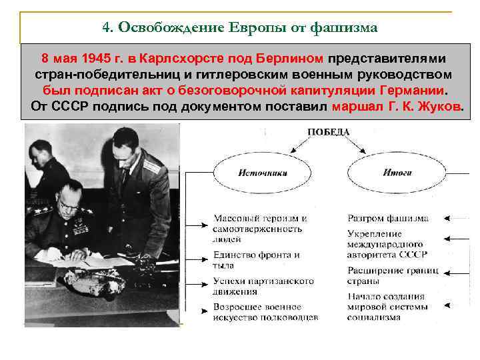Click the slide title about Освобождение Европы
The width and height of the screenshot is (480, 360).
click(240, 28)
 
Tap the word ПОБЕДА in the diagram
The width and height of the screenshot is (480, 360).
click(328, 132)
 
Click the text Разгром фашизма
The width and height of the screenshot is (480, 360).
click(388, 218)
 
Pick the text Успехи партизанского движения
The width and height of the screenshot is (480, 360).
click(256, 285)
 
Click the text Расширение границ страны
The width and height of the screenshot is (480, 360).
click(393, 276)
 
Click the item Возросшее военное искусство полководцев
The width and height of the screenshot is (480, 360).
click(265, 312)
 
